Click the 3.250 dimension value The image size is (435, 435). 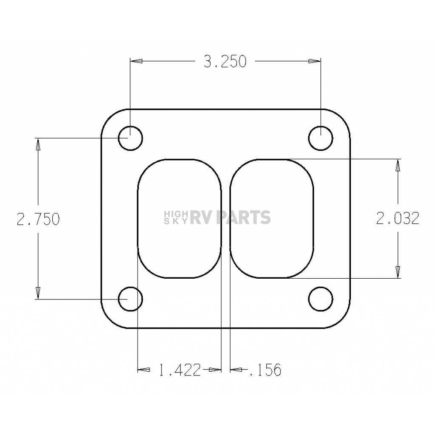225,62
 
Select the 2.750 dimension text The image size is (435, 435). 38,219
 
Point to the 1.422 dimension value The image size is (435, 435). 180,370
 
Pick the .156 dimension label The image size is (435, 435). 265,370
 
